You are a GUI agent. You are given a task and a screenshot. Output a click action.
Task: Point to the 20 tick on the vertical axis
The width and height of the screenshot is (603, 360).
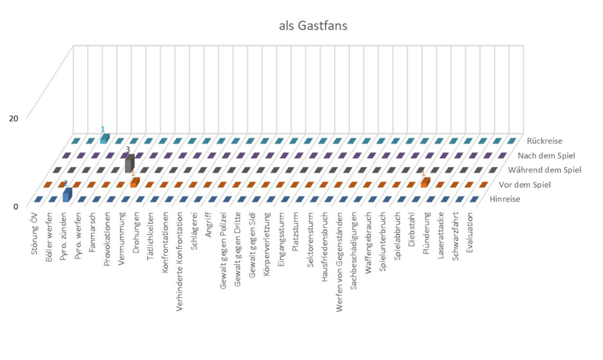tap(14, 118)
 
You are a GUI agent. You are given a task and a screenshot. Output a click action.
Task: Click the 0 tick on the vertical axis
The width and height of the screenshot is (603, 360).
tap(16, 206)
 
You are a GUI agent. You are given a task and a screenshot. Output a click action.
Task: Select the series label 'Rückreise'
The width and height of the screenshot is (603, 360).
tap(545, 141)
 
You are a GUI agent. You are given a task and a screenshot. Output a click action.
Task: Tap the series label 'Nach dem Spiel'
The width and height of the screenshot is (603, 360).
tap(546, 156)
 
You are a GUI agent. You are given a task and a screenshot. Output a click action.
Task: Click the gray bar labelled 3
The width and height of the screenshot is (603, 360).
tap(129, 163)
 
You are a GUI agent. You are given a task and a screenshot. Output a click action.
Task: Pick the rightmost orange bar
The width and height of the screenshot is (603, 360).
tap(425, 183)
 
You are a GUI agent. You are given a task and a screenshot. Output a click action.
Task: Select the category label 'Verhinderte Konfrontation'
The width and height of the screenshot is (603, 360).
tap(180, 253)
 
